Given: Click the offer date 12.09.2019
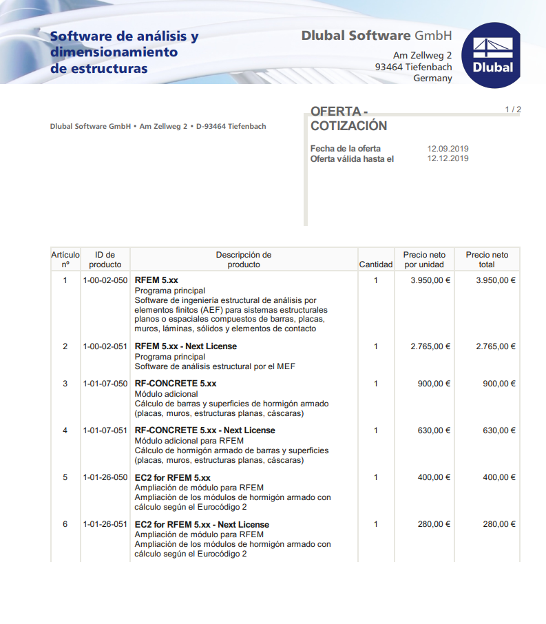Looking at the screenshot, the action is [448, 149].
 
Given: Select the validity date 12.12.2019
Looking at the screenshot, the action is [448, 158].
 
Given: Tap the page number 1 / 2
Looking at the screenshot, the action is [513, 110].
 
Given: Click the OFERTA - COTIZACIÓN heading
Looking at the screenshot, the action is [348, 119].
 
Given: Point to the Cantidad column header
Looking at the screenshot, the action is [376, 264].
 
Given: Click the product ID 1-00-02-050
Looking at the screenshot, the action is [105, 280].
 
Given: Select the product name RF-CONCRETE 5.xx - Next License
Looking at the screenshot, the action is [204, 430].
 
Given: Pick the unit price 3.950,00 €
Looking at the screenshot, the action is [430, 280].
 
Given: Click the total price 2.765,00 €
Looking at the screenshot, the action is [496, 346].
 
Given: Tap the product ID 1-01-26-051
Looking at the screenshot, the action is [105, 524].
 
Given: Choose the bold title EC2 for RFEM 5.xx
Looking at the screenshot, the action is [173, 477].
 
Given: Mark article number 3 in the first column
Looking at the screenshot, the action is [65, 384].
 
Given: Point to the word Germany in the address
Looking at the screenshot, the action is [432, 79].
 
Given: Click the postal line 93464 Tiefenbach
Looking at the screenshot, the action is [413, 67].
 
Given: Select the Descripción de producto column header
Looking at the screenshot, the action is [244, 260].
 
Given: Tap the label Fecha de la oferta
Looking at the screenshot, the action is [345, 149].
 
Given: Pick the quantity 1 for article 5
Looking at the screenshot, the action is [376, 477].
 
